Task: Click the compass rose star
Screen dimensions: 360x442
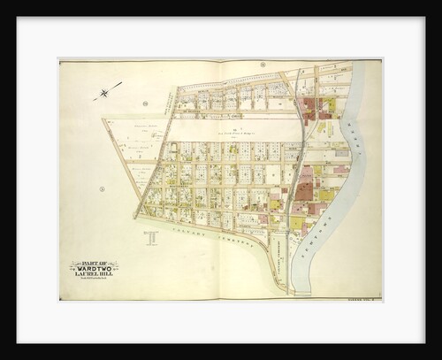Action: click(105, 92)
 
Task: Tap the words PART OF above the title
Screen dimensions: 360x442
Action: click(95, 263)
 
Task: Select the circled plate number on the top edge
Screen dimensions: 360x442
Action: click(263, 65)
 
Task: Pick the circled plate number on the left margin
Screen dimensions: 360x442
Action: click(103, 188)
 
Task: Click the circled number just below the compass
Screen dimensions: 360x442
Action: click(144, 103)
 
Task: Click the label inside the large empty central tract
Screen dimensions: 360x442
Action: click(232, 130)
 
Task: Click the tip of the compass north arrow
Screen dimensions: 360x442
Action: click(121, 84)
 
